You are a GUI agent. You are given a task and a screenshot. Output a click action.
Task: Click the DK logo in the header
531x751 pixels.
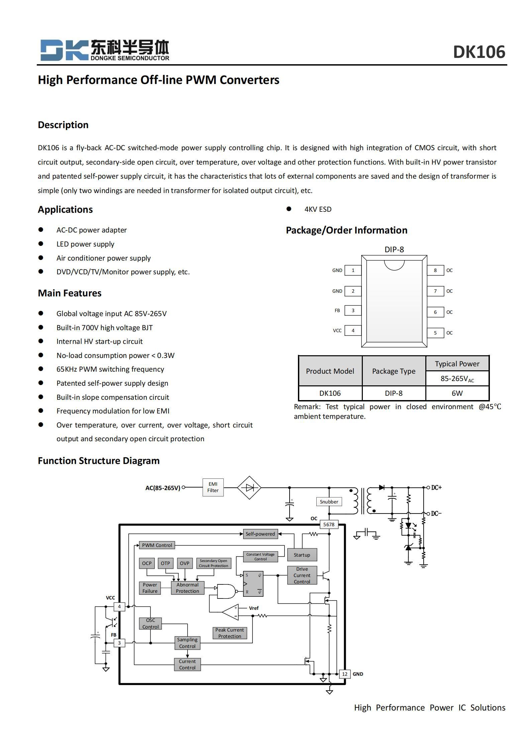(64, 50)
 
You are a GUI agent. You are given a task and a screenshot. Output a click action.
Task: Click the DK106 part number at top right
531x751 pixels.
(479, 52)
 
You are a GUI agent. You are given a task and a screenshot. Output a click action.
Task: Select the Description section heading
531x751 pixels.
(63, 125)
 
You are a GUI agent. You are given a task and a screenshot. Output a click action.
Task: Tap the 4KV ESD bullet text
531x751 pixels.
(318, 209)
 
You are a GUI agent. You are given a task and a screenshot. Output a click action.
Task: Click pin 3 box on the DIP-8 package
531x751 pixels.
(353, 310)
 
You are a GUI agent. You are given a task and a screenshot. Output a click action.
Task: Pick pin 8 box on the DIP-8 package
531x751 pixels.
(435, 270)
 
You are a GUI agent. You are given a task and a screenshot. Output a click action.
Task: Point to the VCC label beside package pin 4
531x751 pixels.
(337, 331)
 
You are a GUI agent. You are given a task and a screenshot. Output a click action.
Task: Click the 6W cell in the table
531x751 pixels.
(457, 393)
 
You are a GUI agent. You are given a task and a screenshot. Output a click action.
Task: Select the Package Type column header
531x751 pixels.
(394, 371)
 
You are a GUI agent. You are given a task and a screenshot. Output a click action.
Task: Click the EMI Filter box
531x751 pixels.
(213, 487)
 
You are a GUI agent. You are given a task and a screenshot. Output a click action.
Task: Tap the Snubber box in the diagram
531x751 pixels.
(329, 501)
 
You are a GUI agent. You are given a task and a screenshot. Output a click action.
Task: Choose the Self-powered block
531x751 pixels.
(260, 534)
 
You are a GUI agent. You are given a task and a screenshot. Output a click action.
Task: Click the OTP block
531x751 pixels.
(165, 563)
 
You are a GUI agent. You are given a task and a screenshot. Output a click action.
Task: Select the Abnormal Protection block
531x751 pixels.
(187, 588)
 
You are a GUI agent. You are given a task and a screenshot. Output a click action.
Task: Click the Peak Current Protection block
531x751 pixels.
(229, 633)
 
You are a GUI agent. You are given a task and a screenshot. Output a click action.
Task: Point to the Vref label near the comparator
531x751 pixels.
(253, 608)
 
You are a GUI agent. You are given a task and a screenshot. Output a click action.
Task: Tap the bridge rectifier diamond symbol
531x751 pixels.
(249, 488)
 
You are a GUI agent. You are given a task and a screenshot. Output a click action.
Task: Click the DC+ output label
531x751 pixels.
(436, 487)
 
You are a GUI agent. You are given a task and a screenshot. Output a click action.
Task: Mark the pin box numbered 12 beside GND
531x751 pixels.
(344, 674)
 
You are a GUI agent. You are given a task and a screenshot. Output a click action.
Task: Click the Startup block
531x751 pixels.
(302, 555)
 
